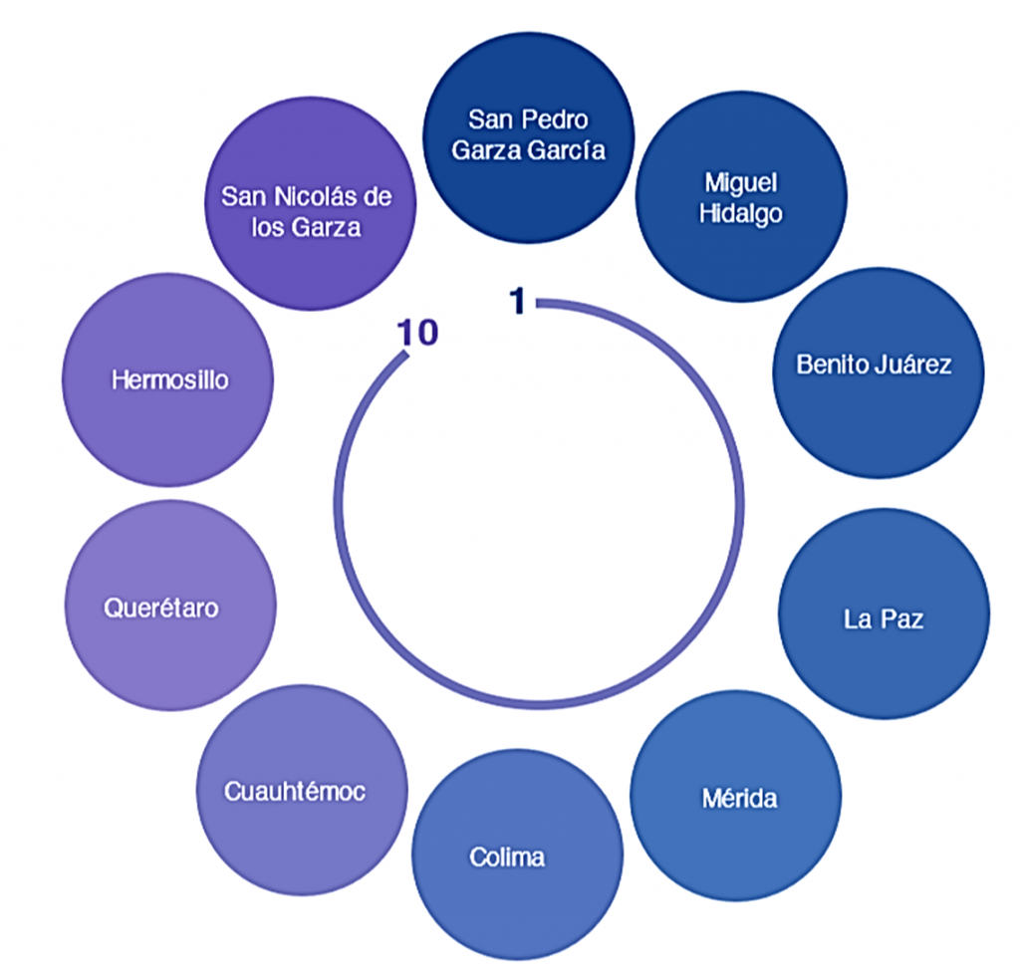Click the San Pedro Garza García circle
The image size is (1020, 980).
click(x=528, y=136)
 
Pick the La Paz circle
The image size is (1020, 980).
click(x=884, y=614)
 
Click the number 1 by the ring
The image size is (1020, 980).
click(x=517, y=300)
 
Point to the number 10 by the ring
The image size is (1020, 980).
click(x=417, y=333)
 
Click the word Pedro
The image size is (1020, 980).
click(x=556, y=120)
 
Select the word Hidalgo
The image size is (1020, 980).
click(x=740, y=214)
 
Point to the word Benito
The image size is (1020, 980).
click(x=830, y=364)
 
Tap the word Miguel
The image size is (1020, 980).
click(x=740, y=182)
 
